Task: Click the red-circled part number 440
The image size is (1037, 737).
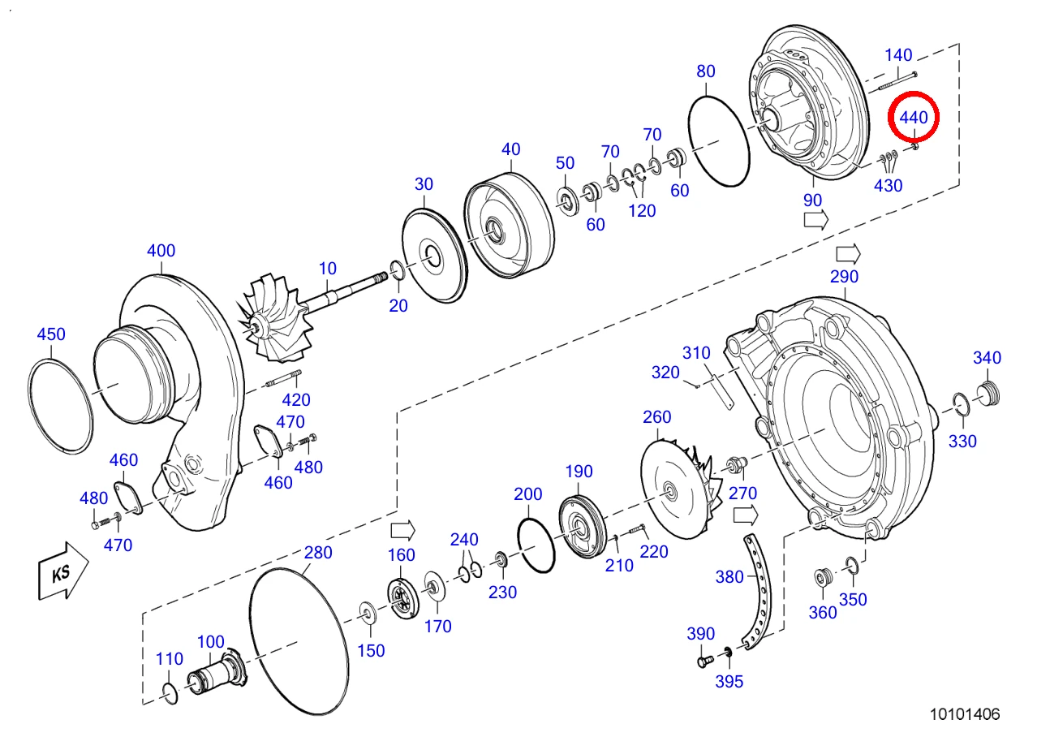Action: pos(913,118)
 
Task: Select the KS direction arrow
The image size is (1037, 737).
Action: pos(63,571)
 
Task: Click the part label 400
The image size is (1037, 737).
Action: pos(161,251)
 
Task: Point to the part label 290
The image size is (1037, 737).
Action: pos(844,277)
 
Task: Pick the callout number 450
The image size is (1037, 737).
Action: pos(51,334)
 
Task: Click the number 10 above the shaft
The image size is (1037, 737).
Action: pos(327,268)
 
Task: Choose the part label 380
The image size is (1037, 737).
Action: pos(729,577)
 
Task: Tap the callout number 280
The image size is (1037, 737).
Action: pos(318,553)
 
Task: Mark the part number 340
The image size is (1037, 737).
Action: pos(987,358)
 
